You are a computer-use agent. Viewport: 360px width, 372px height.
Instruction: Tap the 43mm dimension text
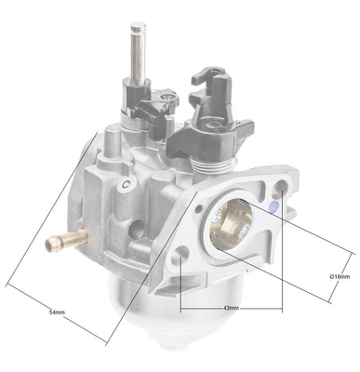point(230,308)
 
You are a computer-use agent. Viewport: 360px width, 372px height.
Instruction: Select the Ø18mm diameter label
point(340,276)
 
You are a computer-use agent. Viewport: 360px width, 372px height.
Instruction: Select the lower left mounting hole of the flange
point(181,253)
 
